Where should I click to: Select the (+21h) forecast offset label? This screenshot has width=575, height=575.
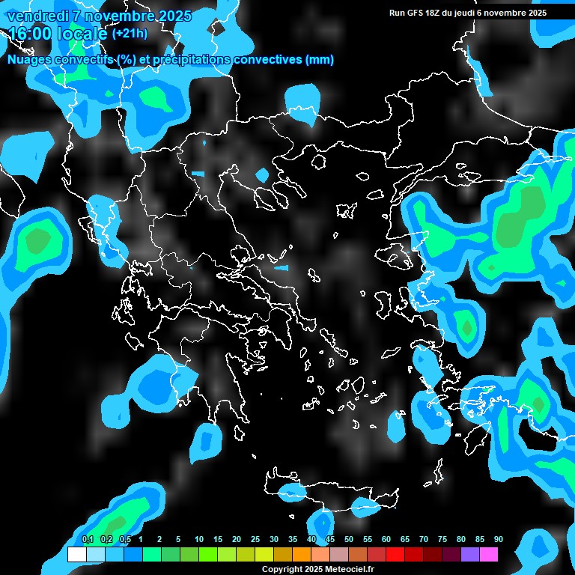point(130,33)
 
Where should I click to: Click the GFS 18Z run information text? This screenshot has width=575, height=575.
point(468,13)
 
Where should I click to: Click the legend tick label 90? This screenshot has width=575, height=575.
point(498,539)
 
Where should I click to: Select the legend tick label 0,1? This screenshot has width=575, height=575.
point(87,539)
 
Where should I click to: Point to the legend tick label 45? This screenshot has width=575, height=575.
point(330,539)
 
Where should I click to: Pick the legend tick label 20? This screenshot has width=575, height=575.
point(237,539)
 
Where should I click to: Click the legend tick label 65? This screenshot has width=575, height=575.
point(405,539)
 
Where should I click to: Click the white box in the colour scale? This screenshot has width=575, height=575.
point(76,554)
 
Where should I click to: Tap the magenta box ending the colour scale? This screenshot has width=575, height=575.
point(488,554)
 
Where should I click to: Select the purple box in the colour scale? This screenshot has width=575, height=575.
point(469,554)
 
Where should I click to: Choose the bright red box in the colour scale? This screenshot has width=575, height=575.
point(395,554)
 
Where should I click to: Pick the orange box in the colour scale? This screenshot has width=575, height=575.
point(301,554)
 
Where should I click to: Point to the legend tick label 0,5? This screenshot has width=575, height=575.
point(124,539)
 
